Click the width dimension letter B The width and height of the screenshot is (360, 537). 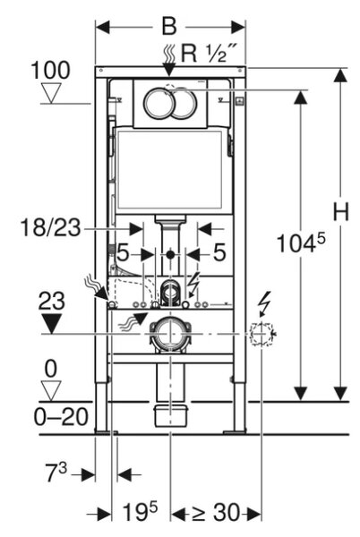point(169,26)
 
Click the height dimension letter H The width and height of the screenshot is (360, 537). point(341,211)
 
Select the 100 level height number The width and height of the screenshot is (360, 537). point(50,70)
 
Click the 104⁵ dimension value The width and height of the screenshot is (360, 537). point(300,243)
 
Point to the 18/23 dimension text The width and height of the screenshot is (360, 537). point(51,227)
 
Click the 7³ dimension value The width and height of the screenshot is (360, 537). point(56,473)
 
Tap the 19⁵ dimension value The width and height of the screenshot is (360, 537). point(141,512)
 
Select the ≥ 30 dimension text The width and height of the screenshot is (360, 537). point(216,513)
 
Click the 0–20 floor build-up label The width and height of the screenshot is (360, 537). point(61,417)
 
